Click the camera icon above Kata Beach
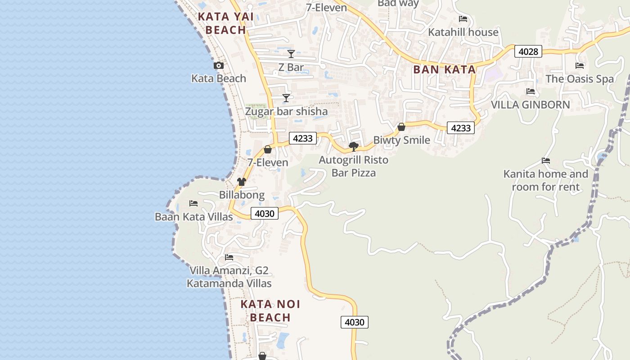coord(219,66)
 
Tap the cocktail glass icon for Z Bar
coord(291,54)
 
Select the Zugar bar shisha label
coord(286,111)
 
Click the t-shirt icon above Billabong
coord(242,182)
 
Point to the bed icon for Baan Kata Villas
coord(193,203)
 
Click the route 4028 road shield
coord(528,51)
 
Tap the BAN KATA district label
coord(444,69)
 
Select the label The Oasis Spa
coord(579,79)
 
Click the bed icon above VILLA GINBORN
coord(531,92)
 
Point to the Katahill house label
coord(463,32)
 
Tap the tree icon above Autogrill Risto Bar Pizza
coord(353,146)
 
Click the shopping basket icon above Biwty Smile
coord(401,127)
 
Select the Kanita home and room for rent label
coord(545,180)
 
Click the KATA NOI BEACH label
coord(270,310)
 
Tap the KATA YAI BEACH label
coord(226,23)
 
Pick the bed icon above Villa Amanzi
coord(229,257)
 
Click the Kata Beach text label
coord(219,78)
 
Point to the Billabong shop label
coord(242,195)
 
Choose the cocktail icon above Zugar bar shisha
coord(286,98)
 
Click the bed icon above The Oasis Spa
coord(580,66)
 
